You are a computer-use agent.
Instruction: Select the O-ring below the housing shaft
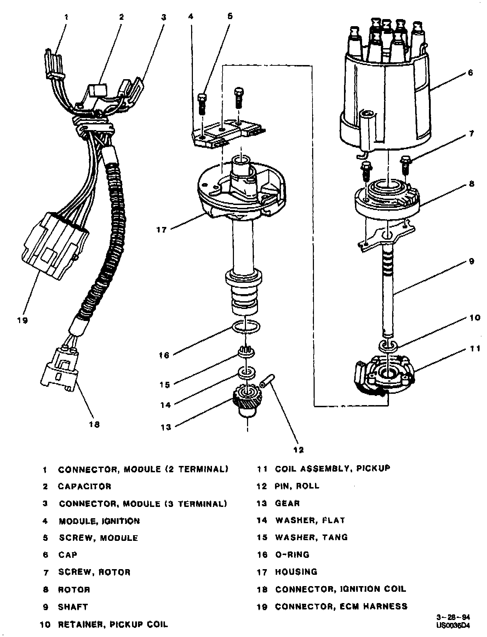246,327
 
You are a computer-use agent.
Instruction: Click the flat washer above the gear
247,372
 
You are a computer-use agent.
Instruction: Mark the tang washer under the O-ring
246,351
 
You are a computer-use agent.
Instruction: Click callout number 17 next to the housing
161,230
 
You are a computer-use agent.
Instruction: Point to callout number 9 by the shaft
471,262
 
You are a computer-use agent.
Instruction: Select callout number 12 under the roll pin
298,450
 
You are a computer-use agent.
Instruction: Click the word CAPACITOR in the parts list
85,486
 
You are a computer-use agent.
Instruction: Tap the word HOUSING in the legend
296,572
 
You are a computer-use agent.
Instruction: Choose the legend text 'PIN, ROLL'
297,486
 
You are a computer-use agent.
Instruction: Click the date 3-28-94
453,618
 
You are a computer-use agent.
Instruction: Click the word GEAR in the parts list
287,503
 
